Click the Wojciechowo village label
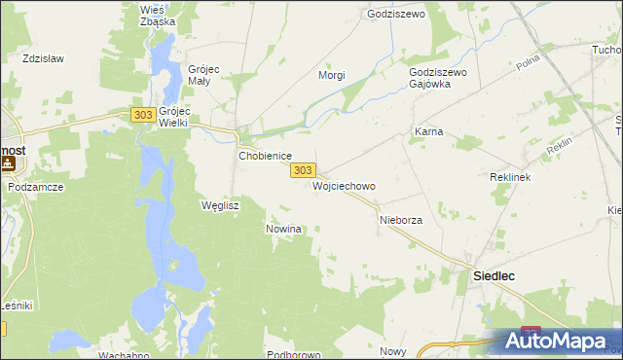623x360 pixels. click(344, 185)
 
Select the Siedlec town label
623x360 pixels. click(494, 275)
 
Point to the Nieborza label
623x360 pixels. click(400, 220)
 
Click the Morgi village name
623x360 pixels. click(332, 75)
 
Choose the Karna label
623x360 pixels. click(428, 130)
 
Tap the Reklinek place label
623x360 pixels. click(508, 178)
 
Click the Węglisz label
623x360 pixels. click(219, 205)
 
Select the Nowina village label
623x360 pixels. click(284, 229)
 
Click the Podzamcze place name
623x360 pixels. click(35, 186)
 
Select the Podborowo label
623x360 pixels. click(294, 354)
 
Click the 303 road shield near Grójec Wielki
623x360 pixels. click(142, 115)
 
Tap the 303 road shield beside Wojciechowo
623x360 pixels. click(302, 170)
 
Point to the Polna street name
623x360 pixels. click(528, 63)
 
